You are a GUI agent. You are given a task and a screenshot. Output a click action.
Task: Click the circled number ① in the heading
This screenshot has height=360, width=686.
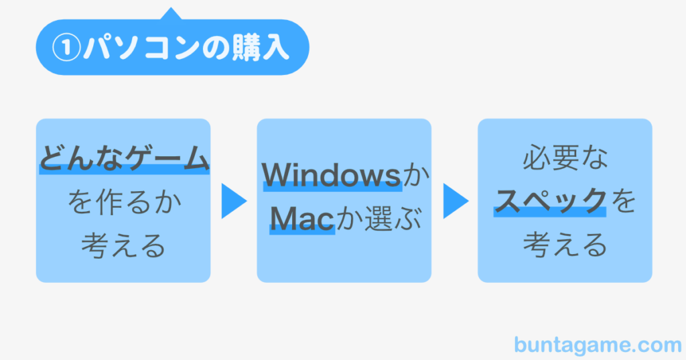pos(66,48)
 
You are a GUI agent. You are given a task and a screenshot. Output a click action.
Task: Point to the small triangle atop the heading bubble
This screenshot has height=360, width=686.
pos(171,13)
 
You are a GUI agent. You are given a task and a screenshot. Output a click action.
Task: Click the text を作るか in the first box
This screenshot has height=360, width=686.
pos(124,202)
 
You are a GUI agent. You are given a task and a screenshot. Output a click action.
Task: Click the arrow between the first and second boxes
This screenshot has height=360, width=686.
pos(234,201)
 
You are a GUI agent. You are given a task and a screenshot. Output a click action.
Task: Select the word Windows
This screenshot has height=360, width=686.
pos(331,175)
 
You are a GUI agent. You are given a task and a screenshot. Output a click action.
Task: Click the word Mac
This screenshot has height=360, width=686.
pos(302,218)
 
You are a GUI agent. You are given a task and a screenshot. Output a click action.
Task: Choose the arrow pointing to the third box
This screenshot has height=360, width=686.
pos(456,201)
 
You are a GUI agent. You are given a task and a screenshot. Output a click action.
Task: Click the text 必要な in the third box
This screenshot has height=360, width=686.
pos(565,158)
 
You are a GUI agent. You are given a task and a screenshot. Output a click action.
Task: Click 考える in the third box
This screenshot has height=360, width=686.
pos(565,245)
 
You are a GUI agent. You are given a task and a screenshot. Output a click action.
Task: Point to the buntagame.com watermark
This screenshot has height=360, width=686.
pos(598,345)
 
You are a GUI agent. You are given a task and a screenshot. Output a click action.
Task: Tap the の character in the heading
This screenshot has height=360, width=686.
pos(216,48)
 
